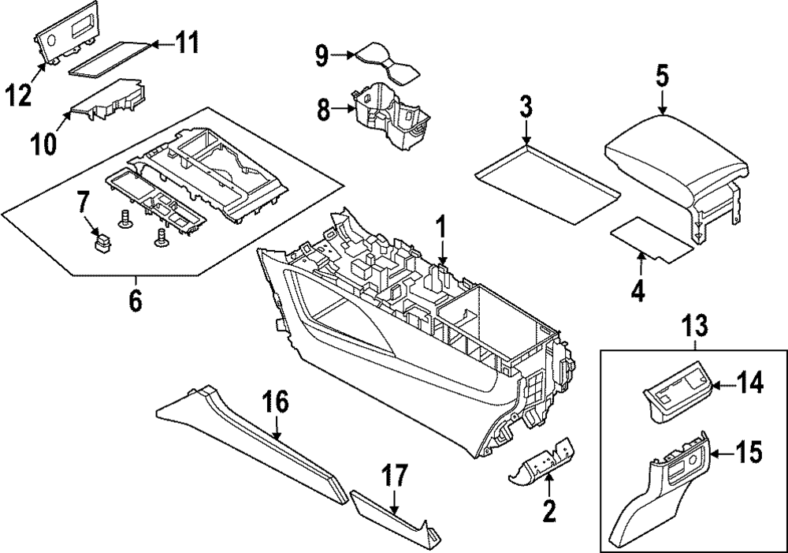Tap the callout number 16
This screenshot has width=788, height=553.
tap(277, 402)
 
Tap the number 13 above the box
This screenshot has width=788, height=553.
tap(695, 323)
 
